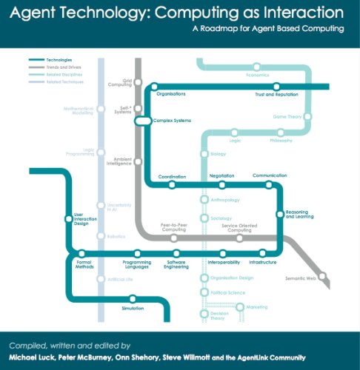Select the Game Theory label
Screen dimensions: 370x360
(289, 116)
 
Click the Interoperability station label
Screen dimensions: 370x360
(224, 262)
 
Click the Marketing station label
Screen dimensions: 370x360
(256, 306)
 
